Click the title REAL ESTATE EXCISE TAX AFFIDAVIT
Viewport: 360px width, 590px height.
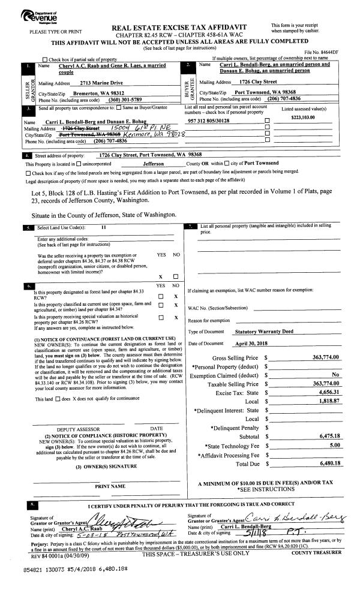180,28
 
